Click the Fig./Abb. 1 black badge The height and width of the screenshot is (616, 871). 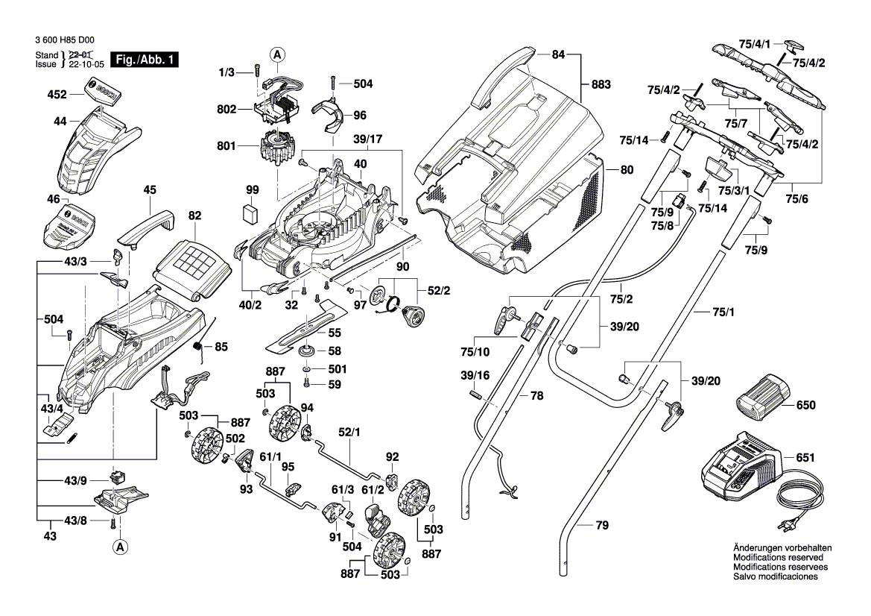144,60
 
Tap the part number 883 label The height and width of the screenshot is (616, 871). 601,84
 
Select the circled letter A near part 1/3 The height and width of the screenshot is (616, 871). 277,54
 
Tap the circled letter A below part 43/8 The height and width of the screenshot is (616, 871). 119,547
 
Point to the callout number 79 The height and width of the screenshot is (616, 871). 602,526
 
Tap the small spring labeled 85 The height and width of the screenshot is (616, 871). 198,347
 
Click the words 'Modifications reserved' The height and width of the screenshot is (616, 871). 778,557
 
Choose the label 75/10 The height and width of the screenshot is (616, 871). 475,351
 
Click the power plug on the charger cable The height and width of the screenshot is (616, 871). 788,527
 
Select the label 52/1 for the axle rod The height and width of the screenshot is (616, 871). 349,432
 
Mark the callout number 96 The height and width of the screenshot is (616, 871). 360,115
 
